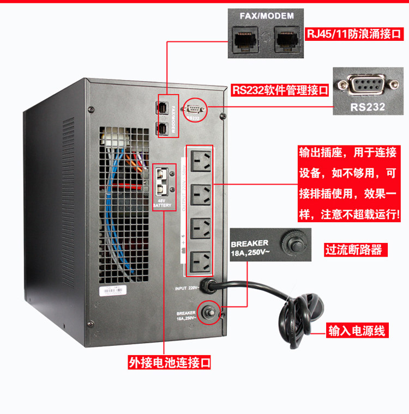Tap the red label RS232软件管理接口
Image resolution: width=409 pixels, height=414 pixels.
[281, 90]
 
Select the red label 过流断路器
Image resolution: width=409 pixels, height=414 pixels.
[353, 250]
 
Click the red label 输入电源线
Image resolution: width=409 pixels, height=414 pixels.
[357, 331]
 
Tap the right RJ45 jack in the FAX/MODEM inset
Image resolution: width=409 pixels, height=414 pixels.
[284, 40]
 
